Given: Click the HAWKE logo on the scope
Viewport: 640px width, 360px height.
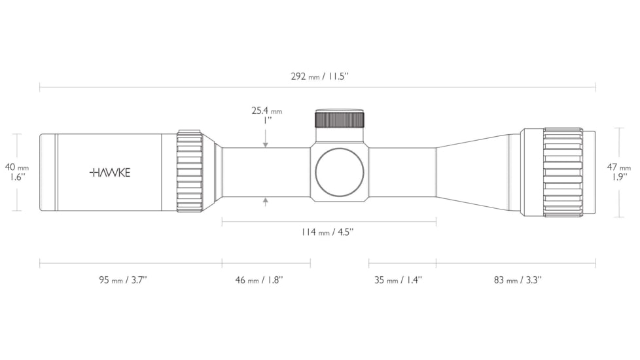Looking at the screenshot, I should click(110, 173).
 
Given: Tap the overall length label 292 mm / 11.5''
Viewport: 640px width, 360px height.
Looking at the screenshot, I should click(319, 76).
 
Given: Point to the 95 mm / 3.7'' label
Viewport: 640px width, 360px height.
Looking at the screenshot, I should click(122, 280).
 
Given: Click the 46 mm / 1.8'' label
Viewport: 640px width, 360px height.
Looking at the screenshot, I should click(258, 280).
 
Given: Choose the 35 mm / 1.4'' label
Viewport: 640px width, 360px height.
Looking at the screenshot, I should click(398, 280).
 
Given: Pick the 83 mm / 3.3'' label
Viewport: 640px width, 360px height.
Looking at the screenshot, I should click(517, 280).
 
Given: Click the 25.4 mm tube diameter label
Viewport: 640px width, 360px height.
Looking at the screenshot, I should click(266, 111).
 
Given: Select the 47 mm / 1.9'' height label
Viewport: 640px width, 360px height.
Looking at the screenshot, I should click(619, 172).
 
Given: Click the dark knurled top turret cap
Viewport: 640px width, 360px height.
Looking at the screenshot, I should click(340, 119).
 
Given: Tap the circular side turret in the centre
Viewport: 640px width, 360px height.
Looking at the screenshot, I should click(340, 173).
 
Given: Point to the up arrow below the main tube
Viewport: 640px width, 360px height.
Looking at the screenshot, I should click(266, 201).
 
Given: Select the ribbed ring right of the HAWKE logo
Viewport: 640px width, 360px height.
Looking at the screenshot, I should click(189, 172).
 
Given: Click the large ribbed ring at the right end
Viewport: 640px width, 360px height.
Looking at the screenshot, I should click(563, 172).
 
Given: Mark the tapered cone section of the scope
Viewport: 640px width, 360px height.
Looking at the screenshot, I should click(478, 172).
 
